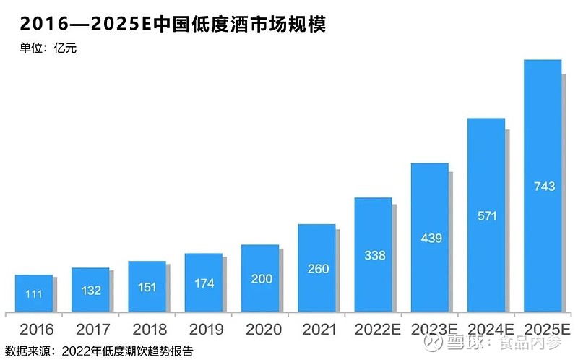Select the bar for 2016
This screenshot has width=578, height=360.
click(34, 294)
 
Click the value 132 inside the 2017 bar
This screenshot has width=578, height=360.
click(90, 291)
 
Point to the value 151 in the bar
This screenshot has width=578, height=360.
click(147, 287)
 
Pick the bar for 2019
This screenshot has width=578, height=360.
click(204, 283)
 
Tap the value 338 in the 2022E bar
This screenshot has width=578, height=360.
click(374, 255)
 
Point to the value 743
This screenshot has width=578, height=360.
click(543, 187)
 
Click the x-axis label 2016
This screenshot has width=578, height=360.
click(36, 330)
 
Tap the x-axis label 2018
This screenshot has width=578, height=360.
click(150, 330)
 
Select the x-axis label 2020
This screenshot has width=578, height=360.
click(263, 330)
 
